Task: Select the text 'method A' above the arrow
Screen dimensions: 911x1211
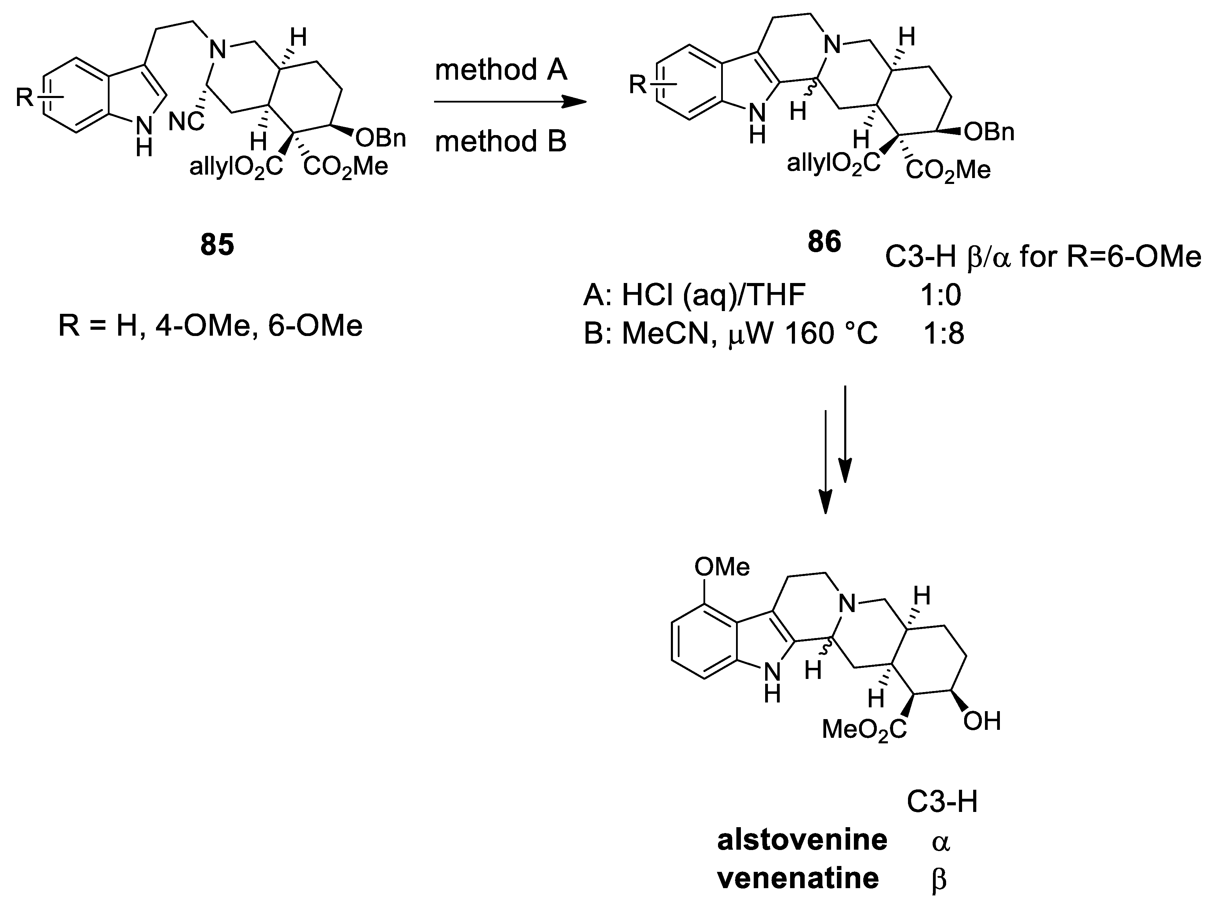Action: [500, 70]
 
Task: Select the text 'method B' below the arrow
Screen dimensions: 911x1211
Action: [500, 141]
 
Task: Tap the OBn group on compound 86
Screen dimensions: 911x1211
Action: [989, 132]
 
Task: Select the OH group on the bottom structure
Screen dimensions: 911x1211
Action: [982, 721]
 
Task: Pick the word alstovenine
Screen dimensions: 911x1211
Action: [802, 840]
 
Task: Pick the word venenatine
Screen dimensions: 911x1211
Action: [798, 878]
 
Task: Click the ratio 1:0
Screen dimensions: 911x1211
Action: [941, 295]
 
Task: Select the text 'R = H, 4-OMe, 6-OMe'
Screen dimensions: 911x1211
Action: [210, 326]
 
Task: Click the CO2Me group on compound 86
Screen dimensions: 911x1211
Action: [948, 170]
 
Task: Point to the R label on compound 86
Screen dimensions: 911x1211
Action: [638, 85]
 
